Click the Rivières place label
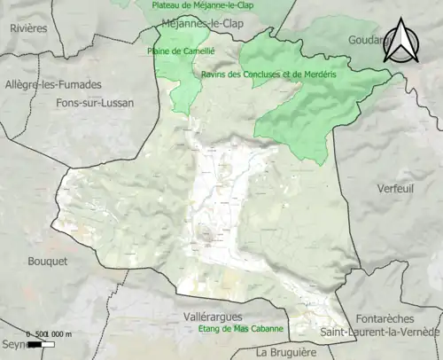click(x=28, y=28)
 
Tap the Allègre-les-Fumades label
click(x=53, y=84)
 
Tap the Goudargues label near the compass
click(x=369, y=40)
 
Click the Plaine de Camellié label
click(x=177, y=51)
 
